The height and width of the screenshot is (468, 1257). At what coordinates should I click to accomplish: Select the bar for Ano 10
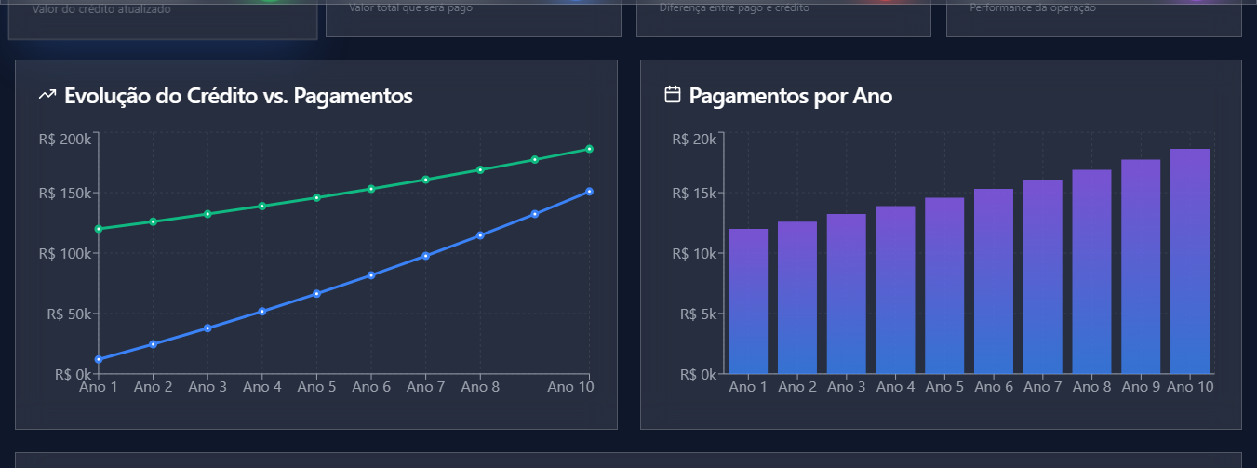click(1190, 261)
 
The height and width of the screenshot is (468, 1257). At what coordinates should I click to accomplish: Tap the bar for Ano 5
click(944, 285)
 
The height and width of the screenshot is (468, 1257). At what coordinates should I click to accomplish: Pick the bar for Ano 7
click(1043, 276)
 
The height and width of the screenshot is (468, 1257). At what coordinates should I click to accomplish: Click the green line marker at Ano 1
click(99, 229)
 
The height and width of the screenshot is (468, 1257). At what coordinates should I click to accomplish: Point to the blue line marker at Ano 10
click(590, 192)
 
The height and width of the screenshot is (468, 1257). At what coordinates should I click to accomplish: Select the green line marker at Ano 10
click(590, 149)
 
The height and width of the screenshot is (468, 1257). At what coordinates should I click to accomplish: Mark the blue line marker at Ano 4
click(262, 312)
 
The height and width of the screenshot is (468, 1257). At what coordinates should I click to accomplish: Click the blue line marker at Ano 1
click(99, 359)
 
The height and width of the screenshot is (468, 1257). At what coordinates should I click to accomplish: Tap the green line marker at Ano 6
click(371, 189)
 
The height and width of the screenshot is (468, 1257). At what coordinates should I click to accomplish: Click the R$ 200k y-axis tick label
click(65, 139)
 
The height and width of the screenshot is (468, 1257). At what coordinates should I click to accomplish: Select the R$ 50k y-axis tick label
click(69, 314)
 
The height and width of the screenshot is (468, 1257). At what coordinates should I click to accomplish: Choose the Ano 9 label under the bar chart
click(1141, 387)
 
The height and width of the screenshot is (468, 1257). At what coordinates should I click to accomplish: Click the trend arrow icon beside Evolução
click(47, 95)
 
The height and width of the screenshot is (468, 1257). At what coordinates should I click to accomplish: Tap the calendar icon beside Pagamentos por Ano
click(673, 95)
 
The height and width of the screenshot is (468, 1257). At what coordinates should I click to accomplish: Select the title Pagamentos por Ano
click(790, 95)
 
